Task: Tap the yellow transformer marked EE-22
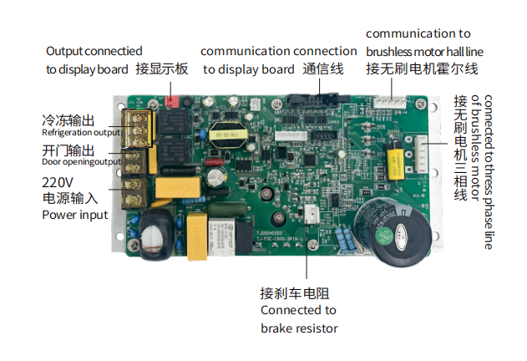[x=228, y=135]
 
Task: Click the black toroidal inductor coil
[x=155, y=235]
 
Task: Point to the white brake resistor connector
[x=312, y=214]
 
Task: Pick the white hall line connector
[x=390, y=102]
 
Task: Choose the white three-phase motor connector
[x=420, y=154]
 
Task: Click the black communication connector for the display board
[x=317, y=99]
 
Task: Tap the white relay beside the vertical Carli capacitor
[x=221, y=236]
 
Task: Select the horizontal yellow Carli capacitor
[x=178, y=187]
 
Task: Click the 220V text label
[x=58, y=182]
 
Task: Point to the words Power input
[x=75, y=215]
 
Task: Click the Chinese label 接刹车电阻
[x=295, y=293]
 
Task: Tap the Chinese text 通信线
[x=323, y=69]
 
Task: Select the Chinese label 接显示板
[x=162, y=69]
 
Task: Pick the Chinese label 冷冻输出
[x=68, y=120]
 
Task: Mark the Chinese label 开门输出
[x=68, y=150]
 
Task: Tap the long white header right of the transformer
[x=291, y=135]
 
